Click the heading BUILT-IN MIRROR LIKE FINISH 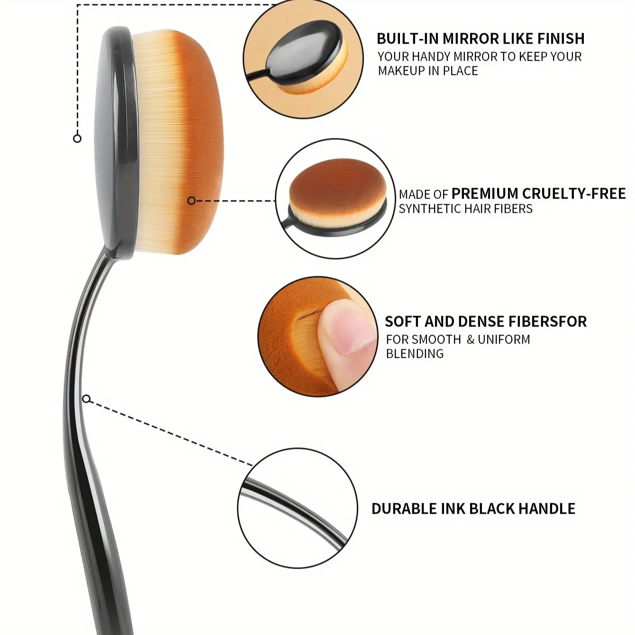[x=481, y=38]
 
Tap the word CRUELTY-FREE [x=574, y=193]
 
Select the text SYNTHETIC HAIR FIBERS [x=465, y=209]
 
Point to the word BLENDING [x=415, y=354]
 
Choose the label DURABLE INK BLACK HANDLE [x=473, y=508]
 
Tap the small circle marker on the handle [x=86, y=399]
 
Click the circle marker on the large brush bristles [x=191, y=201]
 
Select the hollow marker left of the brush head [x=77, y=138]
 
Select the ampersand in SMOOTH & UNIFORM [x=470, y=340]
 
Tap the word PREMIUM [x=485, y=193]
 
